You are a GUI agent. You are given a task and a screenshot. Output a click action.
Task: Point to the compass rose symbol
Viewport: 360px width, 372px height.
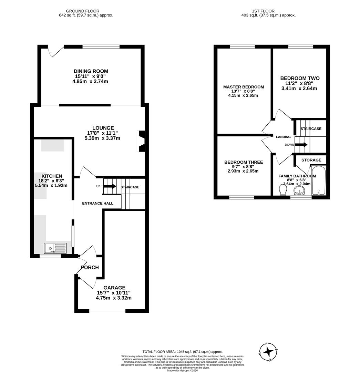pos(268,352)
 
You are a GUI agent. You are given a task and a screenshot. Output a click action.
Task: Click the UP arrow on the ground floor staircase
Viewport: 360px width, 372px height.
pos(110,186)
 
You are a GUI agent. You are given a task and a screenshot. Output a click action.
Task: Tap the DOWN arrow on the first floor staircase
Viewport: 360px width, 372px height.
pos(301,145)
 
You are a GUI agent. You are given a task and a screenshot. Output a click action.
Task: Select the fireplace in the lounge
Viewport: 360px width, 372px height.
pos(142,141)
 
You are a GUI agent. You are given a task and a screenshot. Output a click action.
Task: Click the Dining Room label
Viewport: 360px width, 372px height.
pos(91,71)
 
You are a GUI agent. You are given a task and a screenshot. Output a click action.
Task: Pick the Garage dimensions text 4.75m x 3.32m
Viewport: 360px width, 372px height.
pos(113,298)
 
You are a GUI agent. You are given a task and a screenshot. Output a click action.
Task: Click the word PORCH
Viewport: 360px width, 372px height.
pos(90,267)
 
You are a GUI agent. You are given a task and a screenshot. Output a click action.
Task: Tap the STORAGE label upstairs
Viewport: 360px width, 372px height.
pos(311,160)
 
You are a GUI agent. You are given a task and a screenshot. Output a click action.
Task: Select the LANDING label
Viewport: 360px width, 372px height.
pos(283,137)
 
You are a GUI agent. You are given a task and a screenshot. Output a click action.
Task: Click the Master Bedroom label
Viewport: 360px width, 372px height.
pos(243,87)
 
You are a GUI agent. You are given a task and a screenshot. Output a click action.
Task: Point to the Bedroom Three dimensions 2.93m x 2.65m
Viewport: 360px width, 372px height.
pos(243,171)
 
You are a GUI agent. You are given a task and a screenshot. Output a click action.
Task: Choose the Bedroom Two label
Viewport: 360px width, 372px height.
pos(300,78)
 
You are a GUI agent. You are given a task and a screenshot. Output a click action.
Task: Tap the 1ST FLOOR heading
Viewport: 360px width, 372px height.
pos(268,11)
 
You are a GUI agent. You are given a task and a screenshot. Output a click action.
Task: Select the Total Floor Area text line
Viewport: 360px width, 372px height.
pos(183,352)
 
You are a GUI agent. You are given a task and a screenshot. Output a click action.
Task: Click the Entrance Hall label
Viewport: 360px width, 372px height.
pos(97,203)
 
